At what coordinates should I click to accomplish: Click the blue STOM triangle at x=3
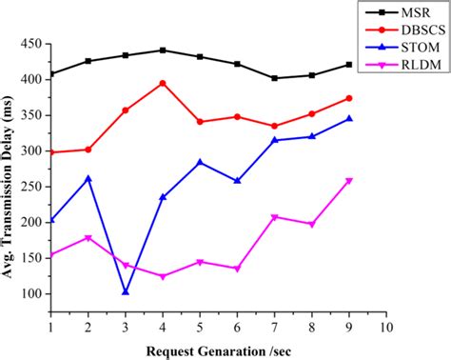[x=126, y=291]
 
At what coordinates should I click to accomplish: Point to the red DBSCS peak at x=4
[x=163, y=83]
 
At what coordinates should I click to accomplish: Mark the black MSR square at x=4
[x=163, y=50]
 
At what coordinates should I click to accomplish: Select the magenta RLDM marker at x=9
[x=349, y=181]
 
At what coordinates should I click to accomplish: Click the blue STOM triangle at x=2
[x=88, y=178]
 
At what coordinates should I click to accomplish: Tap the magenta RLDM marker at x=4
[x=163, y=276]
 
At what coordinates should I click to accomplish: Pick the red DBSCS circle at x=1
[x=51, y=152]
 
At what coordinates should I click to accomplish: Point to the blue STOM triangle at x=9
[x=349, y=118]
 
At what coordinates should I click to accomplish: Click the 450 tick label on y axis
[x=30, y=44]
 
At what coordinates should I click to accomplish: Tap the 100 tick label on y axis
[x=30, y=293]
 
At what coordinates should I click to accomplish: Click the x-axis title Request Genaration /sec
[x=219, y=349]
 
